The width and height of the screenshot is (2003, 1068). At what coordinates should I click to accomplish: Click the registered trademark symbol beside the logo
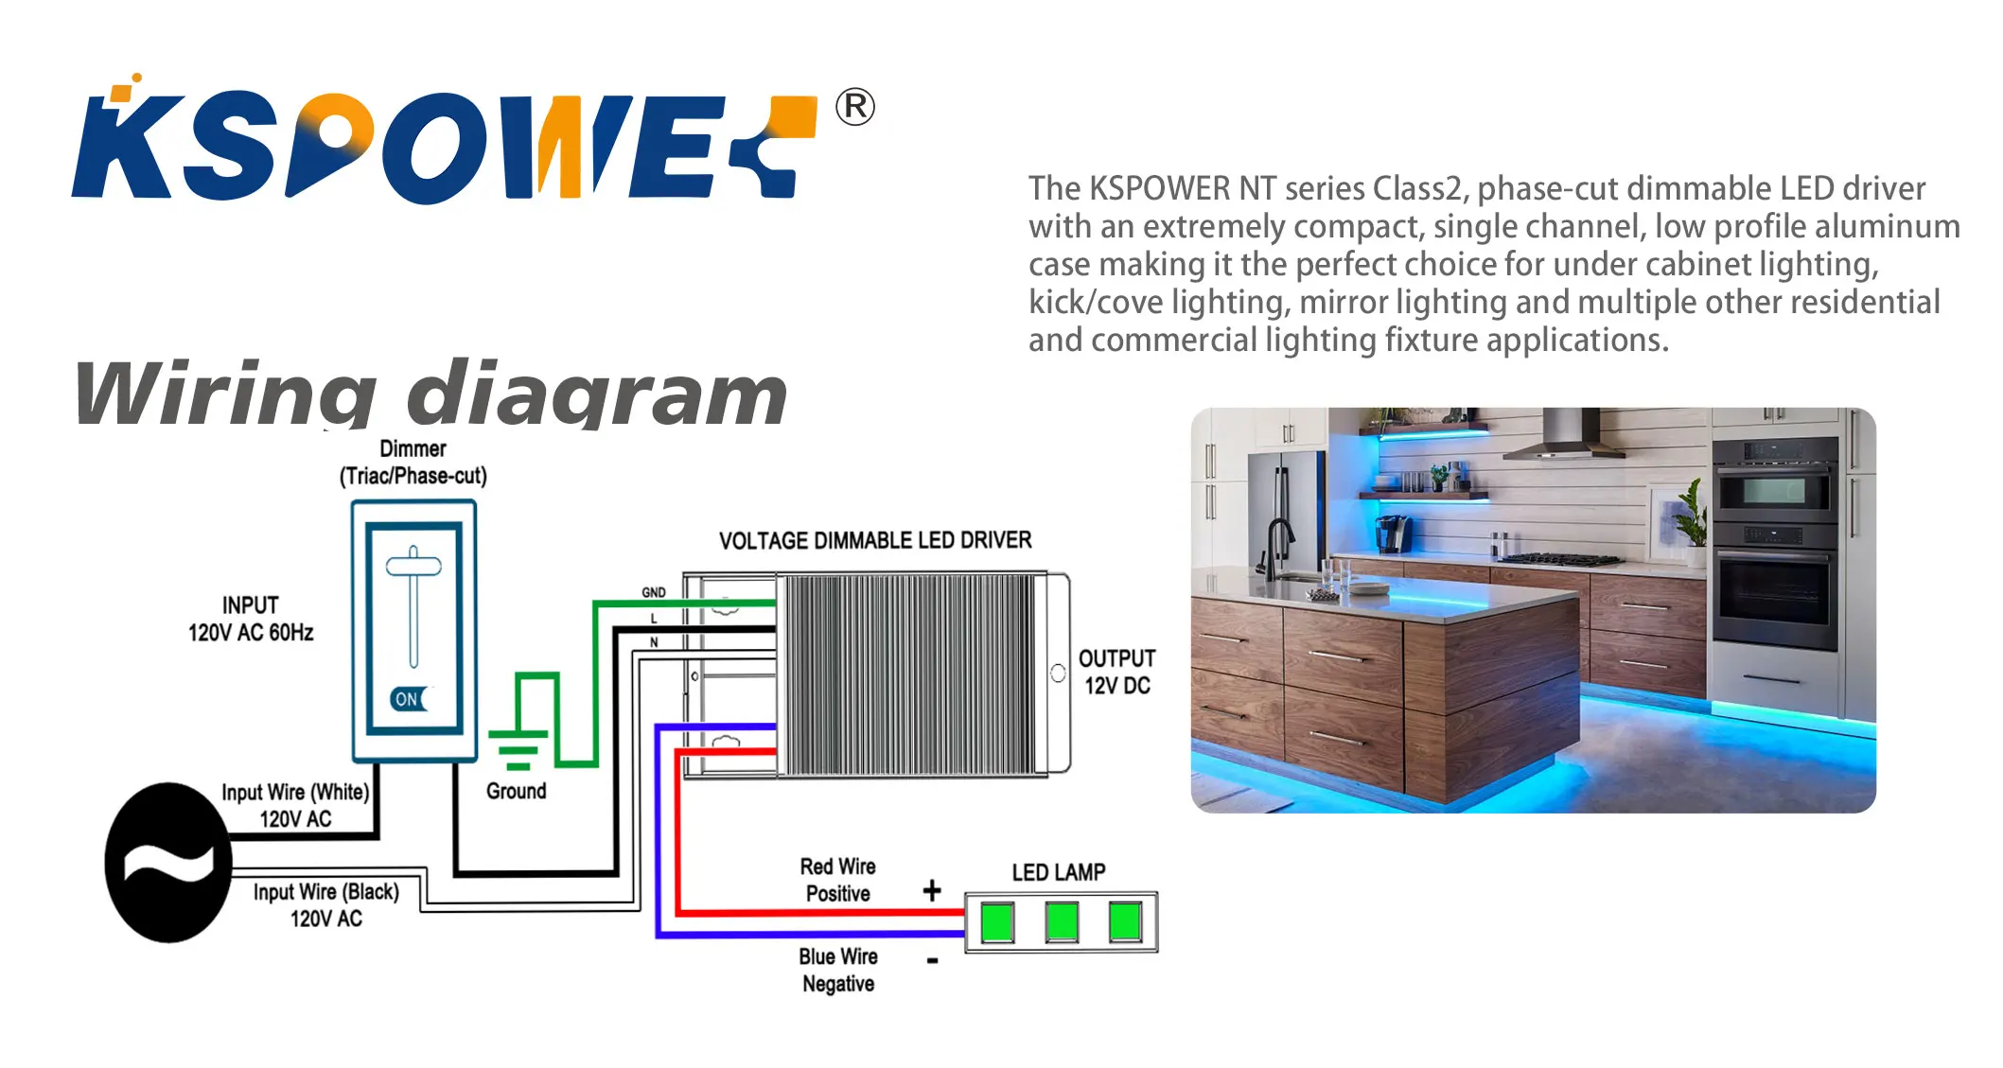coord(854,108)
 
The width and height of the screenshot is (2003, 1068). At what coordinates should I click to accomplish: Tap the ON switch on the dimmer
coord(409,699)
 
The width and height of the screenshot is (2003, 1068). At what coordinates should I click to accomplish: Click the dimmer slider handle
coord(413,567)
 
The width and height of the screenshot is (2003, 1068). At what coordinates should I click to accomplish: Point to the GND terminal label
coord(654,592)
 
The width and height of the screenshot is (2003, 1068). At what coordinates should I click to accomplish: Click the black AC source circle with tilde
coord(167,862)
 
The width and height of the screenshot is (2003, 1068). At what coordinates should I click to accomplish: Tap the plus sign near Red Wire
coord(932,890)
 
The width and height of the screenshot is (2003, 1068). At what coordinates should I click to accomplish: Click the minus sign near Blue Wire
coord(933,961)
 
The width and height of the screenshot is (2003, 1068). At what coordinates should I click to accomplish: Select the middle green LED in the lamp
coord(1062,921)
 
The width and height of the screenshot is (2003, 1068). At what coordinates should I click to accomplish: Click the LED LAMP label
coord(1058,872)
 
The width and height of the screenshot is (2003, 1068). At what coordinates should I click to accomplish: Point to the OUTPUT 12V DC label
coord(1116,672)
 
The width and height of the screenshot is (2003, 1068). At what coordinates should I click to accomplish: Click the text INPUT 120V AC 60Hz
coord(251,619)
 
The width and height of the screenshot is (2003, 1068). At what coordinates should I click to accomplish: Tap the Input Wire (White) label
coord(295,805)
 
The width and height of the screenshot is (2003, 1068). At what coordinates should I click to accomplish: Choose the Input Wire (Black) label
coord(325,904)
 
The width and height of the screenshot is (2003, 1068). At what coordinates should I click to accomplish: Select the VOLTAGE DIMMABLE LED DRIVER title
coord(874,540)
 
